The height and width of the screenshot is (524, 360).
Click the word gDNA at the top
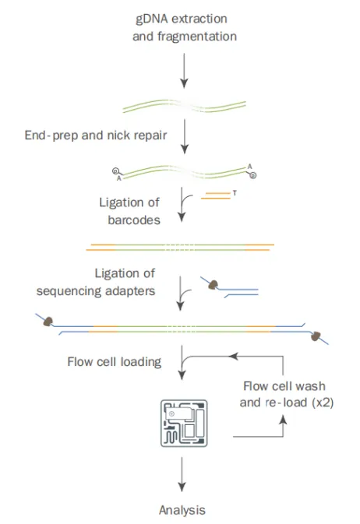[x=152, y=19]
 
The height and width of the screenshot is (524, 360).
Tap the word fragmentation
[x=197, y=36]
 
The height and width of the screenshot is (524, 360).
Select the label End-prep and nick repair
[x=96, y=135]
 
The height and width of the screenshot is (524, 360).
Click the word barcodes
[x=134, y=220]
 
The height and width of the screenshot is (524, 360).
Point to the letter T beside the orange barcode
[x=235, y=193]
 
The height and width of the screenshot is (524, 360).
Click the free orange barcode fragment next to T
[x=216, y=196]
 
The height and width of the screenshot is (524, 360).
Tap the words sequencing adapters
[x=96, y=290]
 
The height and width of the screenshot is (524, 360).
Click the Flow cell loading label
[x=115, y=362]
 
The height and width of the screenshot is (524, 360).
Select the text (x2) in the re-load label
[x=323, y=403]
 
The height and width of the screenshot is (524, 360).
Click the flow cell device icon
[x=184, y=423]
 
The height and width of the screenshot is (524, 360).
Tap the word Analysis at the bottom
[x=182, y=510]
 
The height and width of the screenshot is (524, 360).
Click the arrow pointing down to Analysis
[x=182, y=474]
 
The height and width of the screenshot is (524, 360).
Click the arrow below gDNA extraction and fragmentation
[x=184, y=71]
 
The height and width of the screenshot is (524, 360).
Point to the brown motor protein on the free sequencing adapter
[x=214, y=285]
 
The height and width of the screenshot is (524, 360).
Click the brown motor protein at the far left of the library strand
[x=48, y=322]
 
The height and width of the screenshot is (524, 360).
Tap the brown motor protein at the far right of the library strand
[x=316, y=336]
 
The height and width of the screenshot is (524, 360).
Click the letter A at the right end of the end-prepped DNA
[x=249, y=167]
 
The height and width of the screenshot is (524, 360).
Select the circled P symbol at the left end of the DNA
[x=115, y=171]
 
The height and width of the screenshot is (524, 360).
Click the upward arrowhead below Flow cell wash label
[x=283, y=420]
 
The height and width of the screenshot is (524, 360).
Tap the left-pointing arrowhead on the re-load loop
[x=233, y=357]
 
